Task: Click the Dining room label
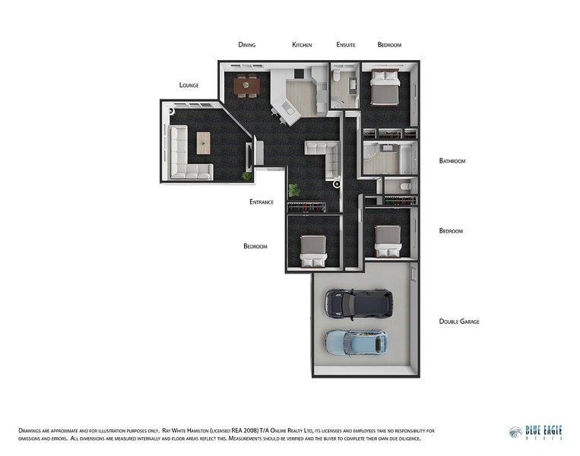pyautogui.click(x=247, y=45)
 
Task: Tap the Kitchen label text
pyautogui.click(x=302, y=45)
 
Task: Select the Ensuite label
pyautogui.click(x=346, y=45)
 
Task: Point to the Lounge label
pyautogui.click(x=189, y=85)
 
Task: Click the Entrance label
pyautogui.click(x=261, y=202)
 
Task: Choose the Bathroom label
pyautogui.click(x=452, y=161)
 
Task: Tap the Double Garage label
pyautogui.click(x=459, y=321)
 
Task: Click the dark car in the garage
pyautogui.click(x=359, y=304)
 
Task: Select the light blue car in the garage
pyautogui.click(x=357, y=343)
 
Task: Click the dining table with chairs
pyautogui.click(x=246, y=86)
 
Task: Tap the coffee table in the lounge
pyautogui.click(x=203, y=143)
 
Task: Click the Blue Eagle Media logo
pyautogui.click(x=536, y=432)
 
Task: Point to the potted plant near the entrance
pyautogui.click(x=294, y=191)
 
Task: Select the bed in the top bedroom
pyautogui.click(x=385, y=87)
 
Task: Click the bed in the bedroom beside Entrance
pyautogui.click(x=313, y=251)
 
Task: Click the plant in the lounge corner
pyautogui.click(x=247, y=176)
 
